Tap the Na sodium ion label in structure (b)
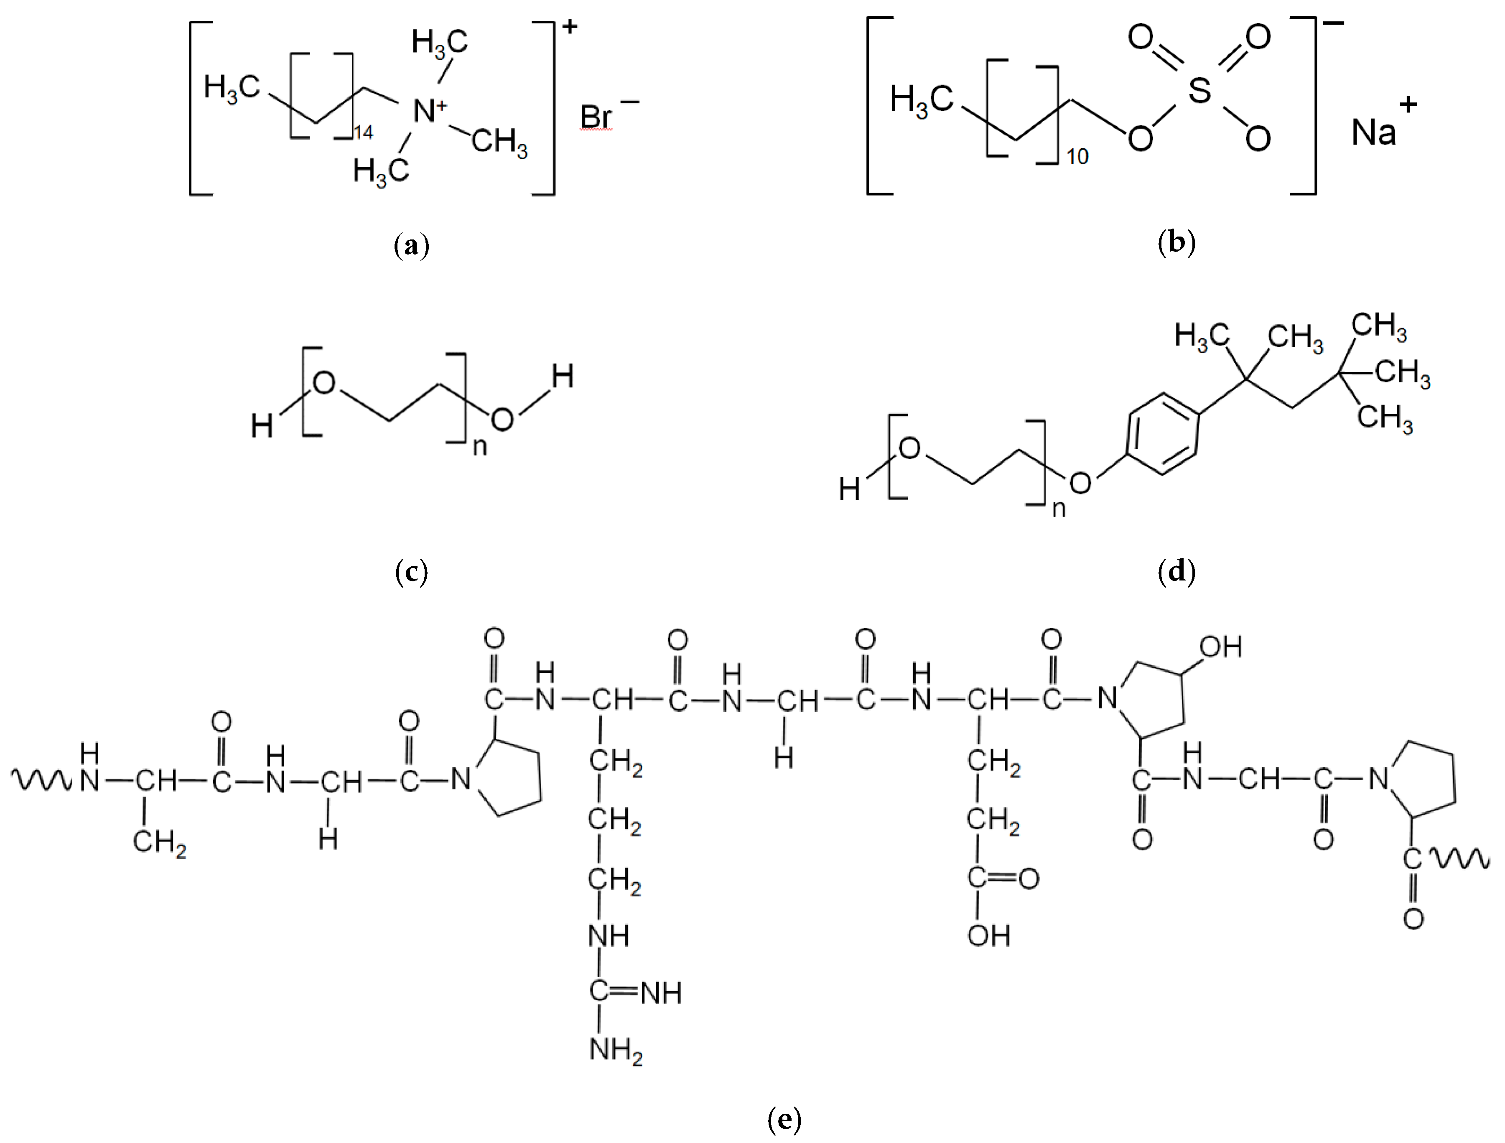[x=1373, y=132]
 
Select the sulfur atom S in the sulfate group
[x=1199, y=90]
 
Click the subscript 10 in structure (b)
[x=1077, y=157]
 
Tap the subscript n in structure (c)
[x=480, y=447]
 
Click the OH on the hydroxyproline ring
[x=1221, y=647]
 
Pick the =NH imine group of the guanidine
[x=660, y=993]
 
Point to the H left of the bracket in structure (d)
[x=849, y=489]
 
